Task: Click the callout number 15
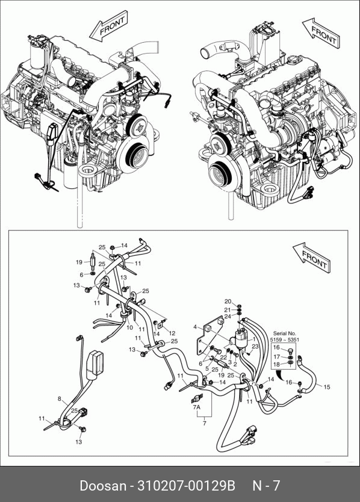coord(326,387)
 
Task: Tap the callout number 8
coord(59,399)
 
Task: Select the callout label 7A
coord(196,407)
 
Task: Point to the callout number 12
coord(172,333)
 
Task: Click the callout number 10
coord(129,327)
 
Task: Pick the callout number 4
coord(195,327)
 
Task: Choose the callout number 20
coord(228,302)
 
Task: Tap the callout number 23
coord(255,347)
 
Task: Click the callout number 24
coord(228,317)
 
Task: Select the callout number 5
coord(207,369)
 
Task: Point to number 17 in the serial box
coord(277,357)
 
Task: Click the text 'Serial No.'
coord(284,333)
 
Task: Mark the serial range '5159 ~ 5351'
coord(284,339)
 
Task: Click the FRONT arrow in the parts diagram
coord(312,258)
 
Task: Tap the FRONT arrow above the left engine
coord(108,26)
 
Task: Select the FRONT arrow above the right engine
coord(321,33)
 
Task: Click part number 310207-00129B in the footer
coord(187,486)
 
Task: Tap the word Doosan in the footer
coord(103,486)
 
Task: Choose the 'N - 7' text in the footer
coord(267,486)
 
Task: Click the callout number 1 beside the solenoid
coord(254,339)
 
